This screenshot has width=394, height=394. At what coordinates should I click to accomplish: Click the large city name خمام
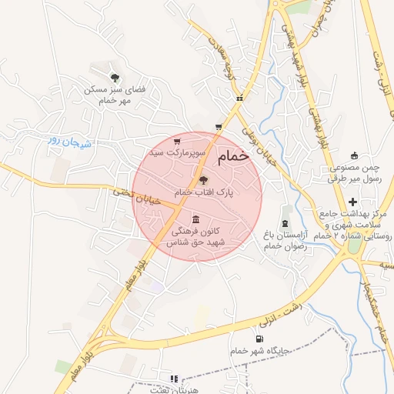click(x=233, y=156)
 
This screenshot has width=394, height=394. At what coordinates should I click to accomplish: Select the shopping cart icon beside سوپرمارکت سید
click(x=178, y=142)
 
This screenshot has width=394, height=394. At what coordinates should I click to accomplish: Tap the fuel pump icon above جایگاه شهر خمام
click(x=257, y=339)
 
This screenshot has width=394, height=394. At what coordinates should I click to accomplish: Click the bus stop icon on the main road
click(x=241, y=98)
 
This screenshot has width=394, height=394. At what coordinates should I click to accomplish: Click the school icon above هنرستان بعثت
click(x=174, y=379)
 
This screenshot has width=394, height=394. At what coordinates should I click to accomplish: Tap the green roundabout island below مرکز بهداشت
click(x=354, y=247)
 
